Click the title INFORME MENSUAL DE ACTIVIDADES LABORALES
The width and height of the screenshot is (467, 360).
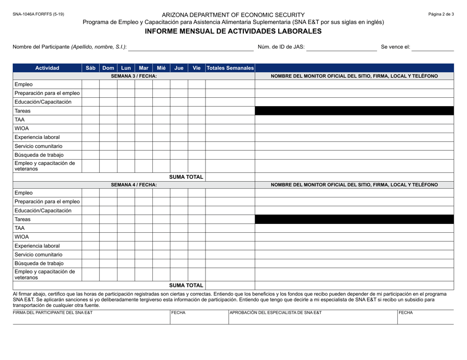coord(233,31)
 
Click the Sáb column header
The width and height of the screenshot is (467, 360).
coord(90,67)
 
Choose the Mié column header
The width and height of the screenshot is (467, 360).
coord(161,67)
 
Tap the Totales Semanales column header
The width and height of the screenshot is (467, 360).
coord(230,67)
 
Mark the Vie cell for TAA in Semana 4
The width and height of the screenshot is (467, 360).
coord(197,228)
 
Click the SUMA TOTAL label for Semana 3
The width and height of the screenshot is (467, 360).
coord(186,177)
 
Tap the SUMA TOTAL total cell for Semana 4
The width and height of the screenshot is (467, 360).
coord(230,285)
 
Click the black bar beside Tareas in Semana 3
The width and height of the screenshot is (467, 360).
coord(354,111)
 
